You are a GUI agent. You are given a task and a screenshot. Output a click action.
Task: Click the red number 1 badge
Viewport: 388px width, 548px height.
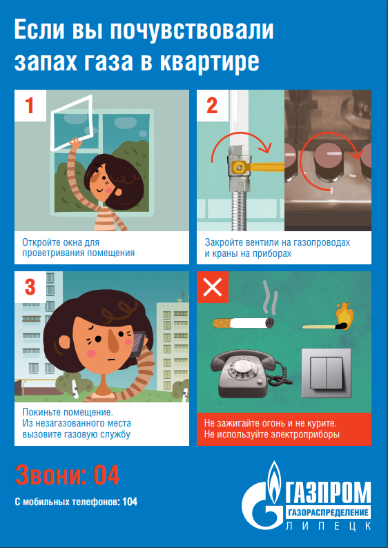pos(30,106)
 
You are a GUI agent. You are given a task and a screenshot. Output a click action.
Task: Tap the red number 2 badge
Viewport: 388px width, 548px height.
pos(213,106)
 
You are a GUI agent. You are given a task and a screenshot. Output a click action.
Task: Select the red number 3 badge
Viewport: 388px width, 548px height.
pos(30,287)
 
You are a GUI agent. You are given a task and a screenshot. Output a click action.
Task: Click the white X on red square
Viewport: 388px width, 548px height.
pos(213,287)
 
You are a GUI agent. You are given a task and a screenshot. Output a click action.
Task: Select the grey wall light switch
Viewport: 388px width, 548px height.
pos(326,373)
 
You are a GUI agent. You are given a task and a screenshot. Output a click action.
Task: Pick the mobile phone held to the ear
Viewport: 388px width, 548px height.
pos(139,343)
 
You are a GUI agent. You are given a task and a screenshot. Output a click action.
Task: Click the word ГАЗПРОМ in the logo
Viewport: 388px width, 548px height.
pos(329,493)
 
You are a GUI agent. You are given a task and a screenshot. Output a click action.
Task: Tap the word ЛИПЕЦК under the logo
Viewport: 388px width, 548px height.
pos(329,526)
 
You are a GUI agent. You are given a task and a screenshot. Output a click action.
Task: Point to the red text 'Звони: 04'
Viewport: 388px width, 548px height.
pos(67,475)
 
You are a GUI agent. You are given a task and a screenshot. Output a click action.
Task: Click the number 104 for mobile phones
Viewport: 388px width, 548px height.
pos(130,502)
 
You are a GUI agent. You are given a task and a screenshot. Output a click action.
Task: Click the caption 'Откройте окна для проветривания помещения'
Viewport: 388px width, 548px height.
pos(78,248)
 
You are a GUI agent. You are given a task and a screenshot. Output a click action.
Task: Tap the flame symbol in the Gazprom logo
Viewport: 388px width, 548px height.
pos(273,476)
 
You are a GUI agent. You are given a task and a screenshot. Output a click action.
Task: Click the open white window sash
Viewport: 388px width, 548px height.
pos(72,122)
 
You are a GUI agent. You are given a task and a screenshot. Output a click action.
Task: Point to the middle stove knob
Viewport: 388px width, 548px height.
pos(326,160)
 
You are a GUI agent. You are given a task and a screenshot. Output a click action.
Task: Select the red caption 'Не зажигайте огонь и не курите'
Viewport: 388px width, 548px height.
pos(270,423)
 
